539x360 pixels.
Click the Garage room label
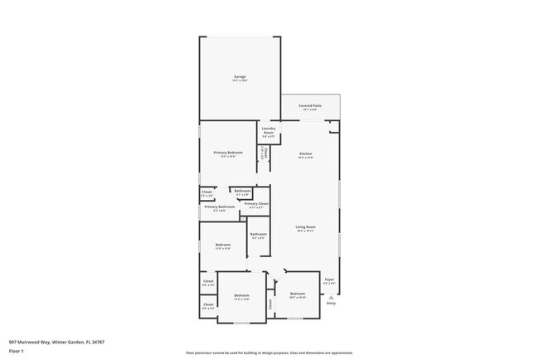240,76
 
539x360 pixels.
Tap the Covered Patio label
310,106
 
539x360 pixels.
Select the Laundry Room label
269,129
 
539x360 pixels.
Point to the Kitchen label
305,154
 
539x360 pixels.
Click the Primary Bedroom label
228,153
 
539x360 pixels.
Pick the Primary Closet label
256,203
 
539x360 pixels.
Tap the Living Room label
306,226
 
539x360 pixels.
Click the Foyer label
329,280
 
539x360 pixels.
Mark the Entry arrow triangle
331,297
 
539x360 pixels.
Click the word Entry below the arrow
331,304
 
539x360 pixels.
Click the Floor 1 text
17,351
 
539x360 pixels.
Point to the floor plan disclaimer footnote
269,352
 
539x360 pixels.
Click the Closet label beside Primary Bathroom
207,192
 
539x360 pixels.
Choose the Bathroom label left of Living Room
259,234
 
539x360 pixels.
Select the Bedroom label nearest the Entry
298,294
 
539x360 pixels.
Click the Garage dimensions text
240,80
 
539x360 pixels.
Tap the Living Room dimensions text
306,231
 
